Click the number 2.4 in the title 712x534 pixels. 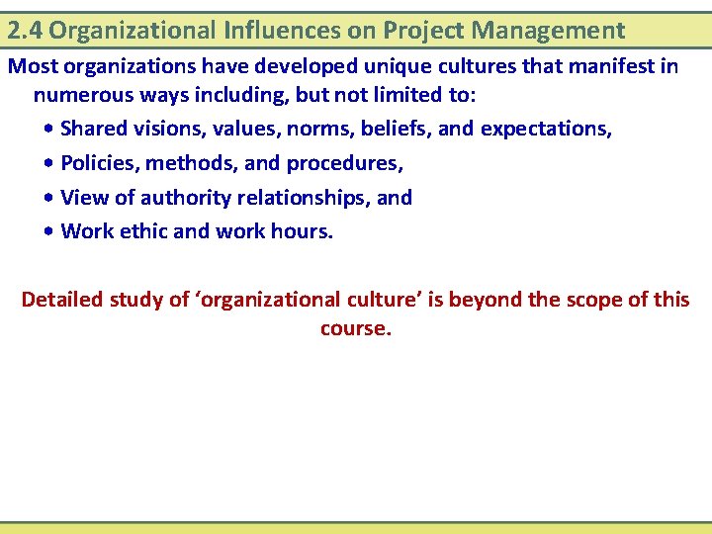(25, 31)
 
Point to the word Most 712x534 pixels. (31, 67)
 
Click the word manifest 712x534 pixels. (616, 67)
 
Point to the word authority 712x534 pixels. (163, 198)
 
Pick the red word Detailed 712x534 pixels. (61, 299)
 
